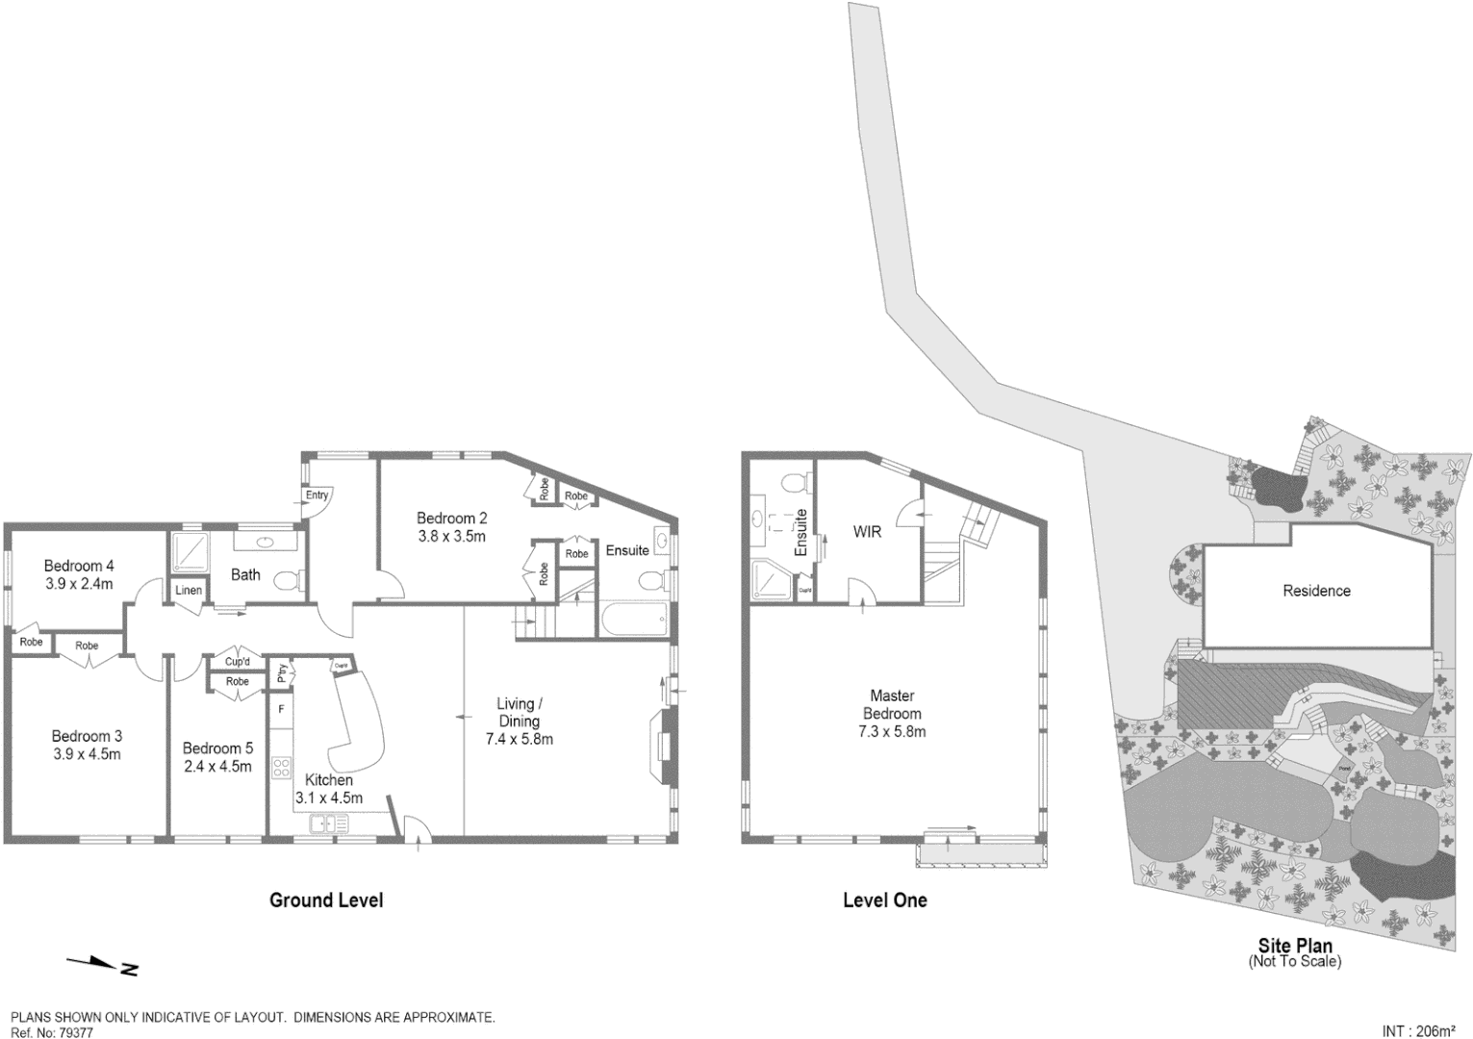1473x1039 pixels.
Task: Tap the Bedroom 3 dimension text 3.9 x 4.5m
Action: tap(87, 754)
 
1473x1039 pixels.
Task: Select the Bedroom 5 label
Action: tap(217, 748)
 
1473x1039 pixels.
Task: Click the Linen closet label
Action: tap(189, 590)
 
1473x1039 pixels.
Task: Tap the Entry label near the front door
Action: tap(317, 495)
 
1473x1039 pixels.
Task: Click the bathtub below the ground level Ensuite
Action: tap(634, 620)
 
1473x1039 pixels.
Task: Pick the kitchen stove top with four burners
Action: tap(282, 767)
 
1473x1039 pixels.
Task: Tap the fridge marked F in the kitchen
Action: tap(281, 709)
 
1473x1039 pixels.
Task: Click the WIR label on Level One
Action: tap(867, 531)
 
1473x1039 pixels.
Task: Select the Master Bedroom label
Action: tap(892, 704)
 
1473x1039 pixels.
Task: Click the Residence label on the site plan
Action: tap(1316, 591)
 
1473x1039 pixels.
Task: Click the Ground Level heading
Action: tap(326, 900)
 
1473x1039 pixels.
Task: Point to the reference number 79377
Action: tap(76, 1032)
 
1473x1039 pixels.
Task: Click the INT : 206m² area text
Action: tap(1418, 1031)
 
